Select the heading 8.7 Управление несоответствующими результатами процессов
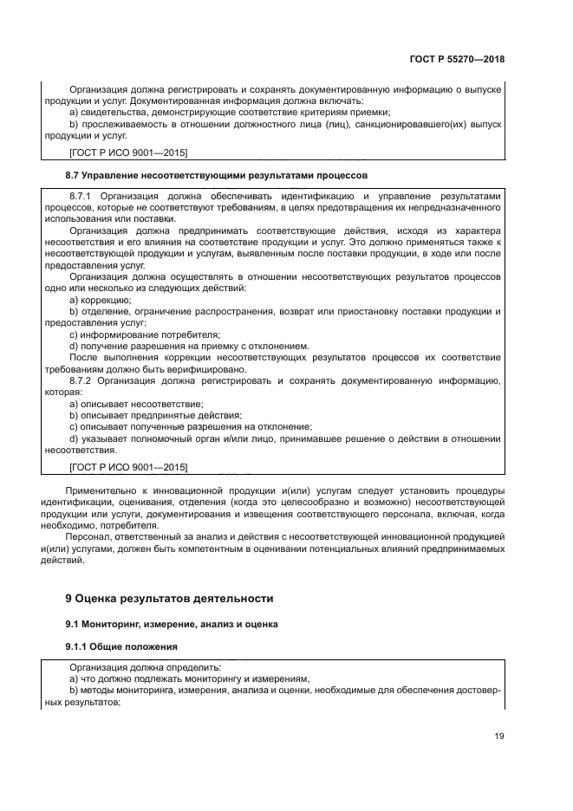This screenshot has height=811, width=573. (x=218, y=175)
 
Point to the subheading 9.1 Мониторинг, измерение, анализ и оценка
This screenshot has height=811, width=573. (x=171, y=623)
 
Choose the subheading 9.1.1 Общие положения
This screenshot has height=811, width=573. (x=121, y=646)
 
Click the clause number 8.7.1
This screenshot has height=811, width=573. (x=85, y=198)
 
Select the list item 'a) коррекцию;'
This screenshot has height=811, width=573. (x=100, y=300)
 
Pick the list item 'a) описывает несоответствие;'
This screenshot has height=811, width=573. (x=136, y=404)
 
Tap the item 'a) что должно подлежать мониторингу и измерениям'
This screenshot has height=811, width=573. (x=189, y=679)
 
